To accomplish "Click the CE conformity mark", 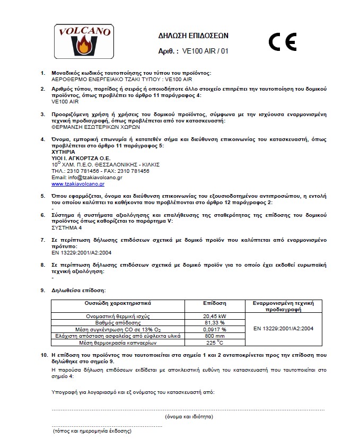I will click(282, 41).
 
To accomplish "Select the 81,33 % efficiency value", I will click(215, 322).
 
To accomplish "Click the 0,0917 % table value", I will click(215, 329).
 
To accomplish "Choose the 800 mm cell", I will click(215, 335).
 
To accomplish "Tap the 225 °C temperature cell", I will click(215, 342).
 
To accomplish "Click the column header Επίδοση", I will click(215, 303).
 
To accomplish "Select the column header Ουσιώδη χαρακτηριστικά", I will click(118, 303).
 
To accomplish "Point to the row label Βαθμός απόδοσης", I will click(118, 322).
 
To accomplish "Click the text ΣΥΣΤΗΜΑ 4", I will click(66, 227).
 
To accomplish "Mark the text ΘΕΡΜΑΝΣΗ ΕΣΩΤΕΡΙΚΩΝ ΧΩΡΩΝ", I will click(88, 127).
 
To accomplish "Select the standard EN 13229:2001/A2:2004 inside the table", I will click(284, 329).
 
